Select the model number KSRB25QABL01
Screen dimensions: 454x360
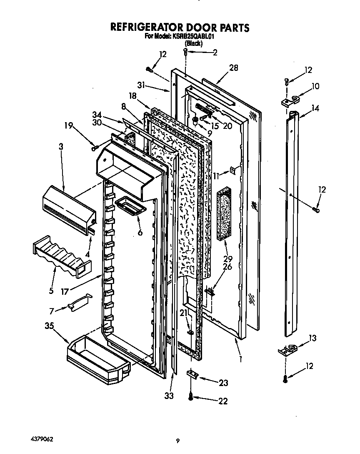[x=193, y=36]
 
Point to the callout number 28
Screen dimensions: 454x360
[x=234, y=68]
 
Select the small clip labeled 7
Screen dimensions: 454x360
[x=79, y=302]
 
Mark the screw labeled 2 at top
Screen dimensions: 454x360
[x=186, y=52]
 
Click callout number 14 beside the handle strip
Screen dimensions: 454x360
[x=315, y=108]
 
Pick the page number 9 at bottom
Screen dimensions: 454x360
[x=177, y=441]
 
